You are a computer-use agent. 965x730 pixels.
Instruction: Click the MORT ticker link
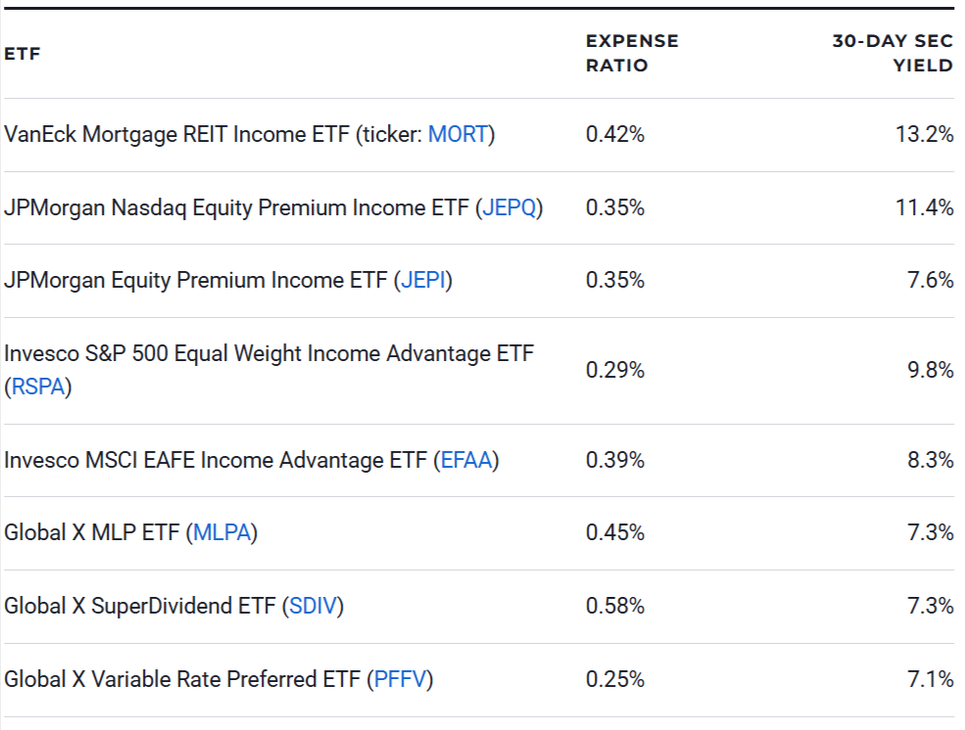coord(458,135)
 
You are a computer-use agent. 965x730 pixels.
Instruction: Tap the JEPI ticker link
coord(423,281)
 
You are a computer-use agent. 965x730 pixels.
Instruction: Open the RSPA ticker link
coord(38,387)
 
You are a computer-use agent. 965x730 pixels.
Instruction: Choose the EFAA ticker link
coord(465,460)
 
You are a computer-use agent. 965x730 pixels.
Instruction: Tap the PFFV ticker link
coord(399,679)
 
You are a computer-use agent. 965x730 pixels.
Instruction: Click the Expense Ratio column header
coord(632,53)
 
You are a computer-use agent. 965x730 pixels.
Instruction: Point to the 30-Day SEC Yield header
coord(893,53)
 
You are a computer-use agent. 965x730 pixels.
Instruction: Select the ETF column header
coord(23,54)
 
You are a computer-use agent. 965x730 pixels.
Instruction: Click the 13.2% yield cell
coord(924,135)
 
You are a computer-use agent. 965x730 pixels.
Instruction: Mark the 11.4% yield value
coord(924,207)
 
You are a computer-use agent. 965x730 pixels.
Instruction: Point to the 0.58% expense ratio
coord(615,606)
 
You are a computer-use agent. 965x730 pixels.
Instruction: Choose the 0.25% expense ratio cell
coord(615,679)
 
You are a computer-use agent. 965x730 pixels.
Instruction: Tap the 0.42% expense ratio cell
coord(615,135)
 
